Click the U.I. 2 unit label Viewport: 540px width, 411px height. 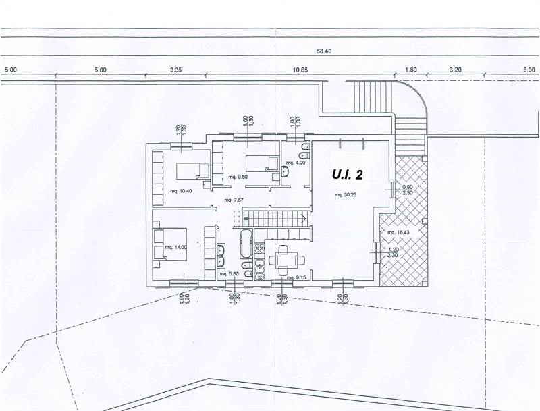click(348, 175)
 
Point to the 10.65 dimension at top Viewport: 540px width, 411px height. click(300, 70)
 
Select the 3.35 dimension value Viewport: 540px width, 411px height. click(177, 70)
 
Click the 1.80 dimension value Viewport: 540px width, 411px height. click(411, 70)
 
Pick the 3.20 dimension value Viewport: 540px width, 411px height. click(455, 70)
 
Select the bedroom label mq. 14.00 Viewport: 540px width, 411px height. click(175, 248)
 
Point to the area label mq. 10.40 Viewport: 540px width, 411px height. click(181, 191)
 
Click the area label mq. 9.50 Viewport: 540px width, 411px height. click(239, 177)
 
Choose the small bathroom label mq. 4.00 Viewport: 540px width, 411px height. click(296, 163)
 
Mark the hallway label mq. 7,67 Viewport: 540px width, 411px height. click(234, 200)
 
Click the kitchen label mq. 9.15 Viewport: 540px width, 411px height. click(297, 277)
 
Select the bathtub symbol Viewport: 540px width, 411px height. click(244, 244)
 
